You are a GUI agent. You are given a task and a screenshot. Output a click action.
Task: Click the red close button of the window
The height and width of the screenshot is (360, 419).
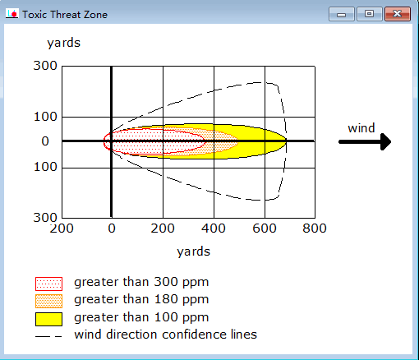pyautogui.click(x=398, y=14)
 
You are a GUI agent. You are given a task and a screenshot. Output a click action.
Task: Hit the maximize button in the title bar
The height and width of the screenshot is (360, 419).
pyautogui.click(x=370, y=14)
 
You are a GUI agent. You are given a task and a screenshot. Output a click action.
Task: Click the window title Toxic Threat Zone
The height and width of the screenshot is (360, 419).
pyautogui.click(x=65, y=15)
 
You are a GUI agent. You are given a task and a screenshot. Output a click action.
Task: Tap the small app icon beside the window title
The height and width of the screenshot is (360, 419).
pyautogui.click(x=12, y=14)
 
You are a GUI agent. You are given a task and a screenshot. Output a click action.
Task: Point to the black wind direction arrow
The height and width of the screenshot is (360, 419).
pyautogui.click(x=365, y=141)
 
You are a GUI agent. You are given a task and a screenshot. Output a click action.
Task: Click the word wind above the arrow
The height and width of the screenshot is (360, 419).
pyautogui.click(x=361, y=128)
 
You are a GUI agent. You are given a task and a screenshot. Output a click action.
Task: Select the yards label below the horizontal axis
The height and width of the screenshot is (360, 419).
pyautogui.click(x=193, y=252)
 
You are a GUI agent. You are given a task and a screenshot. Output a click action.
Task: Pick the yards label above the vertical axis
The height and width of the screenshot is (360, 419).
pyautogui.click(x=63, y=43)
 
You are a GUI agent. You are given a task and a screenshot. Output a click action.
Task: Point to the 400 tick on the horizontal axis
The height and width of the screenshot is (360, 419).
pyautogui.click(x=214, y=228)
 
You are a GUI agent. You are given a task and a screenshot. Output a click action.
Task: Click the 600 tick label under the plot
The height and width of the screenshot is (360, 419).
pyautogui.click(x=265, y=228)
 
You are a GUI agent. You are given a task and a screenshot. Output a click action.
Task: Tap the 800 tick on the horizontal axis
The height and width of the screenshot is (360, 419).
pyautogui.click(x=315, y=228)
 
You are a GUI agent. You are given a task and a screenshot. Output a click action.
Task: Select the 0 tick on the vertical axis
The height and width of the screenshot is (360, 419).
pyautogui.click(x=45, y=141)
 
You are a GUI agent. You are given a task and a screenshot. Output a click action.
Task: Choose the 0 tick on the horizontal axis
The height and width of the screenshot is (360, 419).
pyautogui.click(x=112, y=228)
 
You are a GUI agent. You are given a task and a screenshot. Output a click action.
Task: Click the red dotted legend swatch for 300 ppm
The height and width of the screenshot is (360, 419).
pyautogui.click(x=48, y=284)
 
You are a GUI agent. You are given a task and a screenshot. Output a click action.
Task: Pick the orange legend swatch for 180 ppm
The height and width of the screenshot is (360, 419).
pyautogui.click(x=48, y=301)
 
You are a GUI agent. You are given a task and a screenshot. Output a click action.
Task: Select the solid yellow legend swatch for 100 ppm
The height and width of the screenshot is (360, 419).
pyautogui.click(x=48, y=319)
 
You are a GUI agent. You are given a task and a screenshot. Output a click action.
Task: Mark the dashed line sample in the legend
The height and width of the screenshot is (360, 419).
pyautogui.click(x=48, y=336)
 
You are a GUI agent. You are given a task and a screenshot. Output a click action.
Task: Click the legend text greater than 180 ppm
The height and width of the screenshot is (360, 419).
pyautogui.click(x=141, y=299)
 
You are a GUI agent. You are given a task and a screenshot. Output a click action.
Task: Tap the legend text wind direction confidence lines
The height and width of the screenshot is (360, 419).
pyautogui.click(x=165, y=335)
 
